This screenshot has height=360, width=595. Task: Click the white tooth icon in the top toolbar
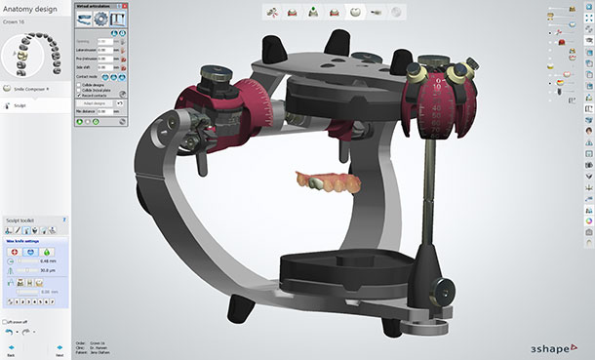click(x=357, y=12)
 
